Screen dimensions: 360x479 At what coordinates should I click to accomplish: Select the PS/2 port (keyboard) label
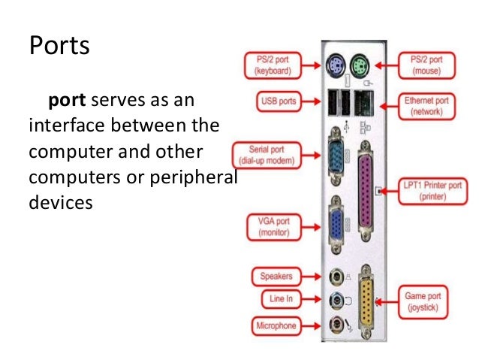[271, 65]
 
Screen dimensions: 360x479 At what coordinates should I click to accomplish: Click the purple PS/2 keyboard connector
[336, 65]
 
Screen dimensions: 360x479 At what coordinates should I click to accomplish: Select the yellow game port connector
[366, 301]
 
